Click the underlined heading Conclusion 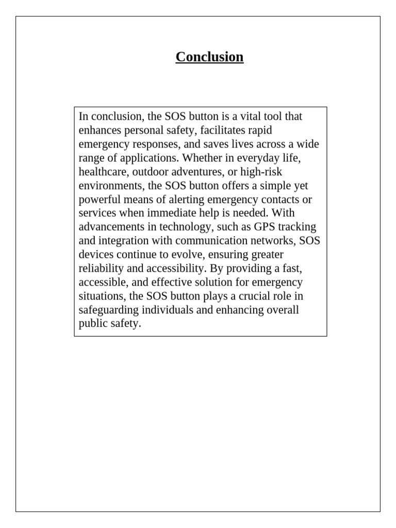[209, 57]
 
